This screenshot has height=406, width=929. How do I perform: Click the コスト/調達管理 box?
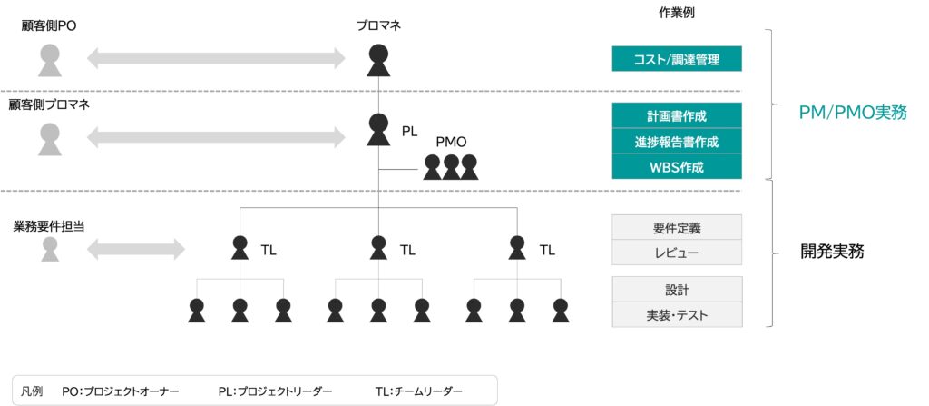click(677, 60)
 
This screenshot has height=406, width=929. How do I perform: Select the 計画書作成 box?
click(677, 116)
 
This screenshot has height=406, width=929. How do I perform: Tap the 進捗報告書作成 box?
click(677, 142)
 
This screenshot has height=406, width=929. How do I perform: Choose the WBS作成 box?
click(677, 167)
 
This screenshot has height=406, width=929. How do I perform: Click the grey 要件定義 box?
click(677, 226)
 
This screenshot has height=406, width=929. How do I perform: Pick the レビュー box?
click(677, 252)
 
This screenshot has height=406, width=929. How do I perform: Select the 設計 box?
click(677, 290)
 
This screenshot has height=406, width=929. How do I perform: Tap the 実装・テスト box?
click(677, 315)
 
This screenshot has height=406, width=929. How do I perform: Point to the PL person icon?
click(378, 130)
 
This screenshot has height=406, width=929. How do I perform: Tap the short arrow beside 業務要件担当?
click(135, 248)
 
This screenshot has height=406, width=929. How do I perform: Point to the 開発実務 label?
click(832, 252)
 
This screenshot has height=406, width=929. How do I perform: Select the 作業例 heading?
click(676, 13)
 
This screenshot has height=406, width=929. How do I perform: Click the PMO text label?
click(451, 142)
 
